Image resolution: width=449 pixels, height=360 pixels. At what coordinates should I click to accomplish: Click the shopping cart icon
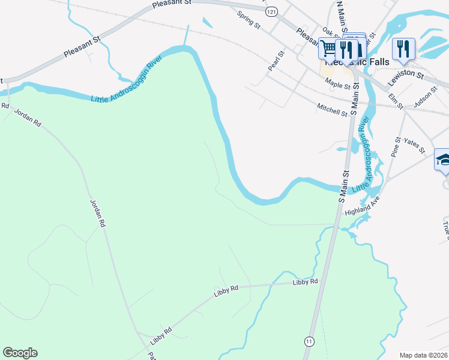(x=328, y=48)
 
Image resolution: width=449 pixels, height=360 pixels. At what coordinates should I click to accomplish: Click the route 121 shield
(x=272, y=12)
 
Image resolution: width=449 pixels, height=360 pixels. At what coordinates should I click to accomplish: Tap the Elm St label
(x=395, y=97)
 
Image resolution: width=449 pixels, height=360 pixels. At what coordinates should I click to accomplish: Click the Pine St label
(x=396, y=148)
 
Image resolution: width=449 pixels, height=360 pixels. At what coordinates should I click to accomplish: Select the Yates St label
(x=414, y=145)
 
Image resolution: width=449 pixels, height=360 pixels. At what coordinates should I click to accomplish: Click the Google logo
(x=20, y=353)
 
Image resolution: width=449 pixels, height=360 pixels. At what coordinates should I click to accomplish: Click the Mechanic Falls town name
(x=357, y=62)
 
